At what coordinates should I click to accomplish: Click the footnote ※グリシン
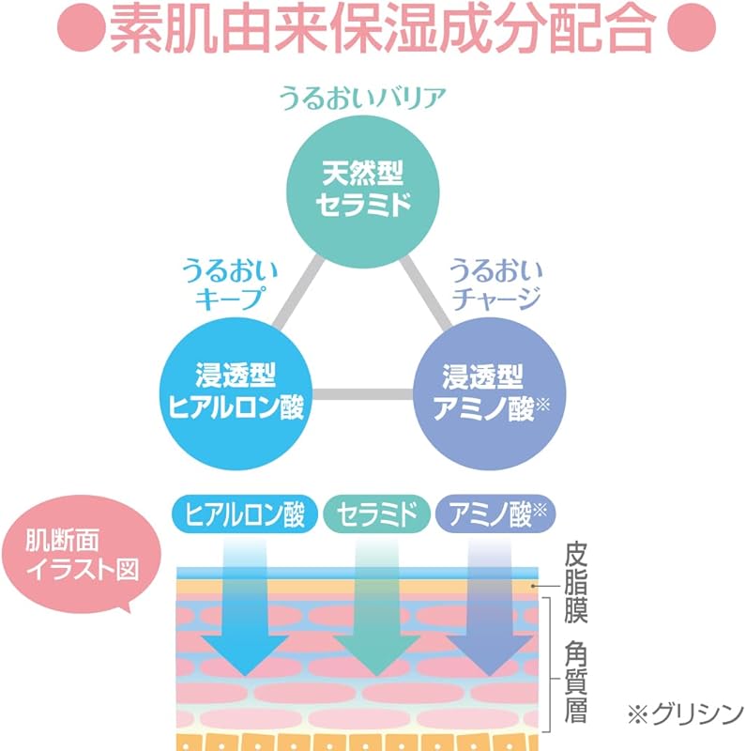click(684, 713)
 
